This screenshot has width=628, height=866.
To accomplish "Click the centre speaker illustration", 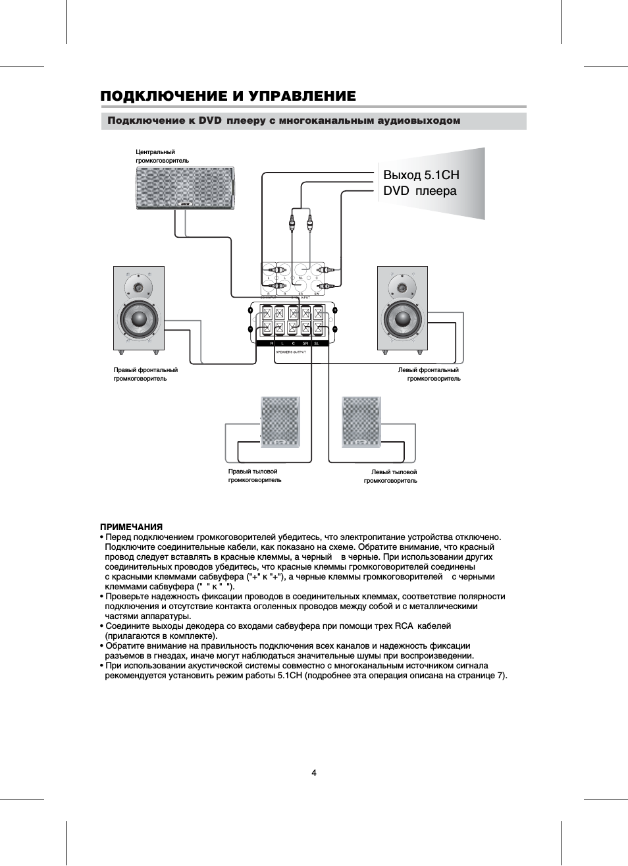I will pyautogui.click(x=185, y=188).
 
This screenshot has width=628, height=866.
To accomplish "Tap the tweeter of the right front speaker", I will pyautogui.click(x=139, y=287).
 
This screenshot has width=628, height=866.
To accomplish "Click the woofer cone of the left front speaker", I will pyautogui.click(x=402, y=319).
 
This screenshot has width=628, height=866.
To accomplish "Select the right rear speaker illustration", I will pyautogui.click(x=280, y=422).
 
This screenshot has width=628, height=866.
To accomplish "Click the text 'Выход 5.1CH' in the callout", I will pyautogui.click(x=421, y=175).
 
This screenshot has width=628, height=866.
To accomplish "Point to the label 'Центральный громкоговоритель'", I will pyautogui.click(x=162, y=156).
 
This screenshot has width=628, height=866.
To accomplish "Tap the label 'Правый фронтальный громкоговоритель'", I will pyautogui.click(x=145, y=374).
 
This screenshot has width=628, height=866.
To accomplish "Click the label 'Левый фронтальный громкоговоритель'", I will pyautogui.click(x=429, y=374).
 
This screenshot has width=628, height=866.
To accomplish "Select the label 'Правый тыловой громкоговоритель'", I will pyautogui.click(x=254, y=475).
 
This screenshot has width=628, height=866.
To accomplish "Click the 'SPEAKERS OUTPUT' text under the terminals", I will pyautogui.click(x=290, y=352).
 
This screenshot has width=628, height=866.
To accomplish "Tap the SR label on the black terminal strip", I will pyautogui.click(x=305, y=344).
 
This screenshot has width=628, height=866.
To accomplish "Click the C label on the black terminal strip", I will pyautogui.click(x=293, y=344).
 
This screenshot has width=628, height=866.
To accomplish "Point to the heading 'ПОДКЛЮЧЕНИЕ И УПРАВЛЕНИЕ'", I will pyautogui.click(x=228, y=96).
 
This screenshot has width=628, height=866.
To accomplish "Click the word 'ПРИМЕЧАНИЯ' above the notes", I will pyautogui.click(x=131, y=527).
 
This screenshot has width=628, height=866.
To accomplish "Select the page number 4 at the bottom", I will pyautogui.click(x=314, y=772).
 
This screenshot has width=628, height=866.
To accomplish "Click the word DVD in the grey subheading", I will pyautogui.click(x=210, y=121).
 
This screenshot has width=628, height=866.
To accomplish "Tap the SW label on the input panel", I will pyautogui.click(x=317, y=294).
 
